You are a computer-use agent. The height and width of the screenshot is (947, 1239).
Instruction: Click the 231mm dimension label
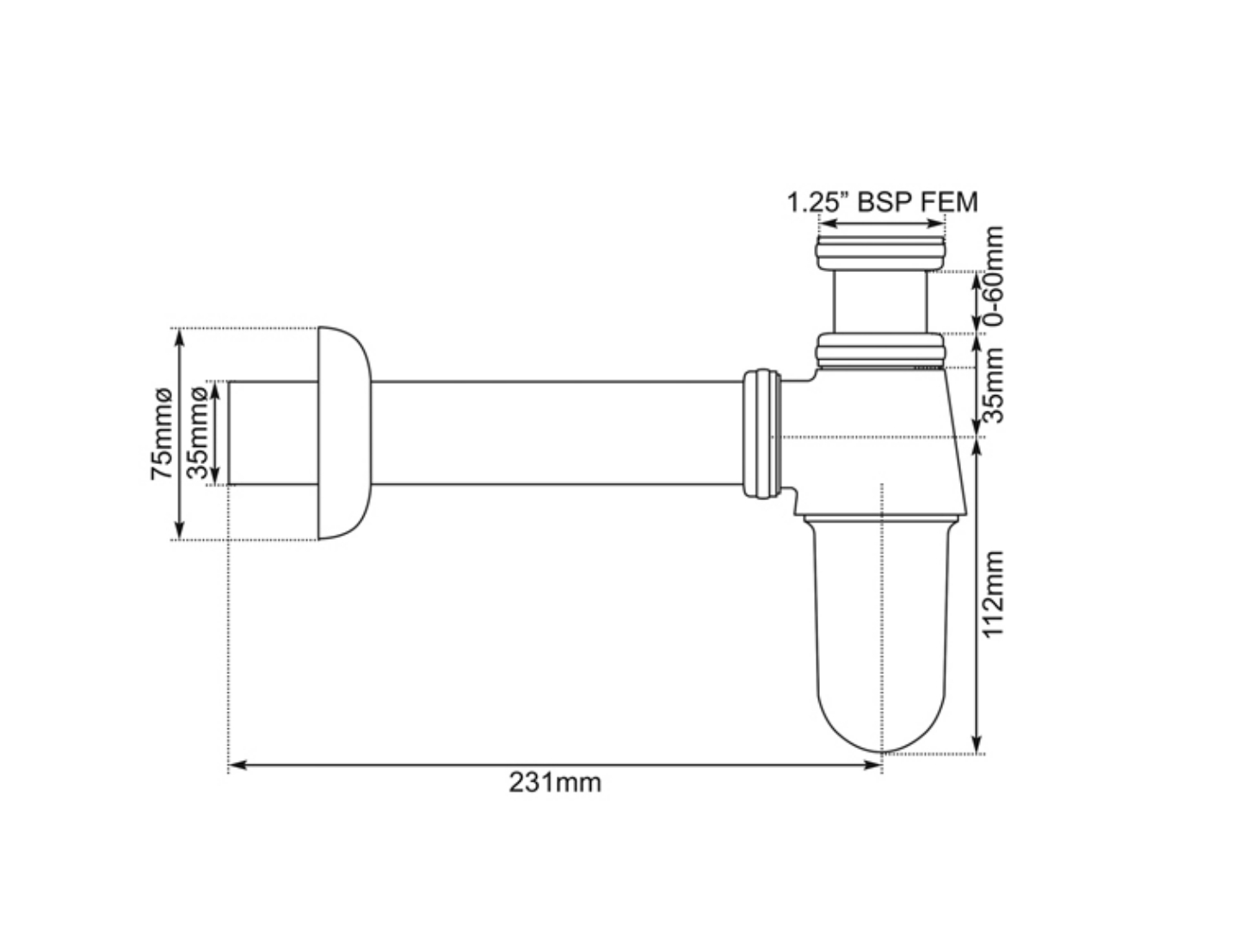(x=555, y=783)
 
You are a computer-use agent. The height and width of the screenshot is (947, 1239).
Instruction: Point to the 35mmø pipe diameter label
(x=197, y=433)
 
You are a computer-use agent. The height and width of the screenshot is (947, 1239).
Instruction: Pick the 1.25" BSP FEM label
(x=883, y=202)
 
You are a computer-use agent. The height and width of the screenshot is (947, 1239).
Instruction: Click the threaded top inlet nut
(x=880, y=252)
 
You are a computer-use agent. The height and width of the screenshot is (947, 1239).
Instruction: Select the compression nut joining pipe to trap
(x=761, y=433)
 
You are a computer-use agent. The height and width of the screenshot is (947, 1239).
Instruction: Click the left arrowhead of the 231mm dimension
(x=234, y=764)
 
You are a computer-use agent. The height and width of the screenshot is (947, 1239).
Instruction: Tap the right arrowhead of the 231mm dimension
(x=876, y=764)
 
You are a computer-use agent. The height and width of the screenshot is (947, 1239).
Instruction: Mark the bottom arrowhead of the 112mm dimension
(x=976, y=746)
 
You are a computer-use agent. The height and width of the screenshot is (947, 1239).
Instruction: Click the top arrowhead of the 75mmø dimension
(x=180, y=336)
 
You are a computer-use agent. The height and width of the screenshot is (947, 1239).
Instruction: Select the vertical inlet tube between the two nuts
(x=880, y=301)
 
